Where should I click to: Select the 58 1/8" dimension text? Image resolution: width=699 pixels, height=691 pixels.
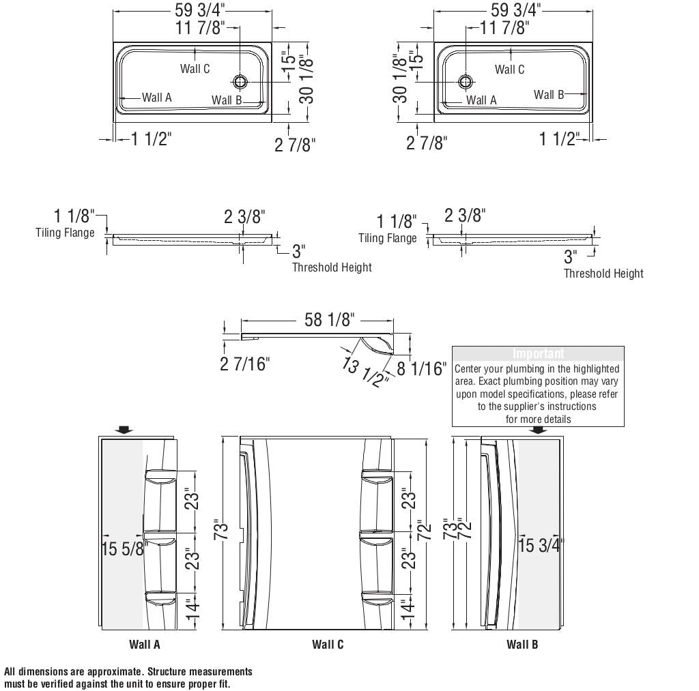[x=329, y=319]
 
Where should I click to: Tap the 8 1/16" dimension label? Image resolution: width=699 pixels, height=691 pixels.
[x=422, y=369]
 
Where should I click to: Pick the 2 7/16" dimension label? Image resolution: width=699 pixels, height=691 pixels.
[x=244, y=364]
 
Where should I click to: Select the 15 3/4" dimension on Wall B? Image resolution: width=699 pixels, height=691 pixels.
[x=541, y=546]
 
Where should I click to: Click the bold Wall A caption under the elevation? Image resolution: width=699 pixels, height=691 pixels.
[x=145, y=644]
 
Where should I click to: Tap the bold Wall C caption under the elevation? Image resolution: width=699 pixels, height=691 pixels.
[x=328, y=644]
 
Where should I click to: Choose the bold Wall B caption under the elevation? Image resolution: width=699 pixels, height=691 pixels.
[x=522, y=644]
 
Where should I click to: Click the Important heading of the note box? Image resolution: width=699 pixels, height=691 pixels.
[x=538, y=353]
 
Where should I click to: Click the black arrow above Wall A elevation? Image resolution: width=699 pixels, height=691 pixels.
[x=124, y=430]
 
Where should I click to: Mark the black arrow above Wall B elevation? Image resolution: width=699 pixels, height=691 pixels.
[x=539, y=430]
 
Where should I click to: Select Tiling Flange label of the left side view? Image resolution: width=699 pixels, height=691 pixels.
[x=65, y=233]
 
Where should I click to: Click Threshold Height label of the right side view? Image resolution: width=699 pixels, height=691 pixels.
[x=603, y=274]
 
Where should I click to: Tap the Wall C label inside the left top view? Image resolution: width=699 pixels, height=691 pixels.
[x=195, y=68]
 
